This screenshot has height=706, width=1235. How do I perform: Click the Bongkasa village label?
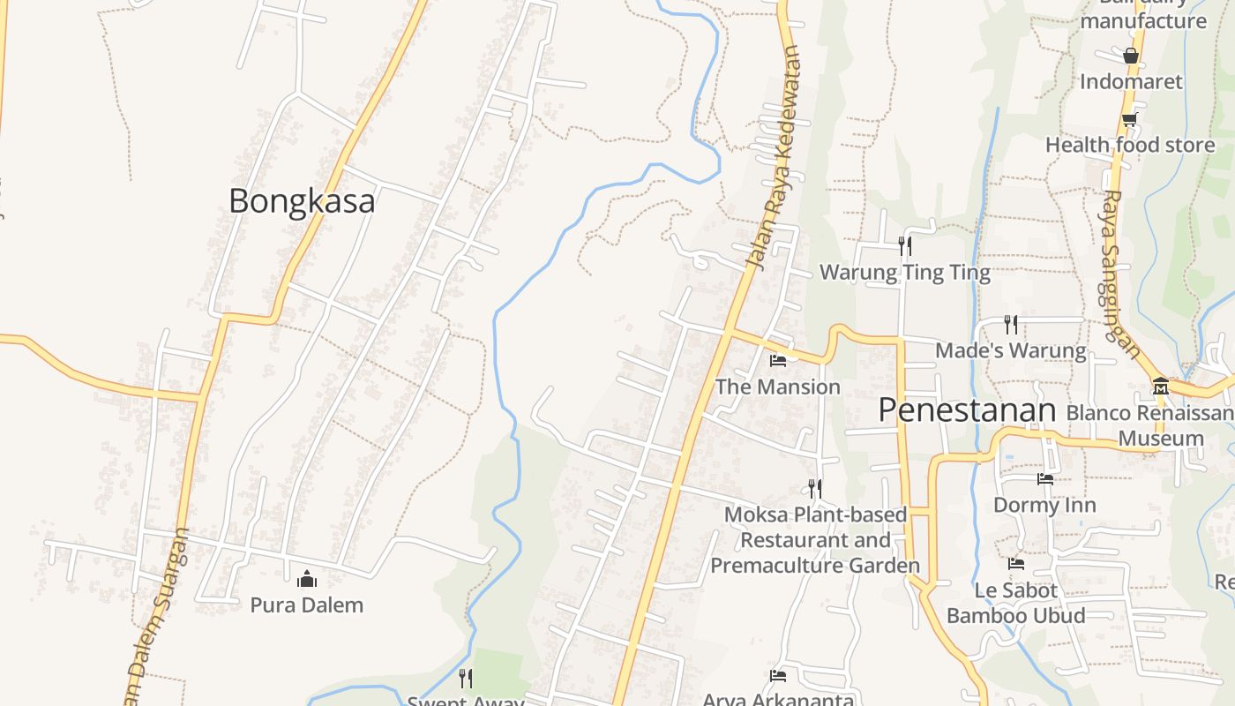pos(302,201)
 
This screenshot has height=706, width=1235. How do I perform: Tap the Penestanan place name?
pos(967,410)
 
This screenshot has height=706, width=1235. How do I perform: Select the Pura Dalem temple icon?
pos(307,579)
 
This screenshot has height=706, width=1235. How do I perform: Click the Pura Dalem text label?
pos(306,605)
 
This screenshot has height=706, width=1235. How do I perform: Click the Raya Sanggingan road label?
pos(1118,274)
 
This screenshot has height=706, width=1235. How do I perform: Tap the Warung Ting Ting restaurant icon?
pos(904,245)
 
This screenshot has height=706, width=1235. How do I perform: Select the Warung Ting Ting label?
pos(905,273)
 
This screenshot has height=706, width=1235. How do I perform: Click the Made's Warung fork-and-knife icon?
pos(1011,325)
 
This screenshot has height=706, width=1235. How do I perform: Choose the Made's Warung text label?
pos(1010,350)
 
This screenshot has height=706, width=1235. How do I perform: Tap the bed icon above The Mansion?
pos(778,360)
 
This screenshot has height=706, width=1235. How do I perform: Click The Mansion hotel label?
pos(777,387)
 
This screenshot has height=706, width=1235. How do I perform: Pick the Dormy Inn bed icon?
pos(1045,479)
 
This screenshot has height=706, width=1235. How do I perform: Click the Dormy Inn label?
pos(1044,505)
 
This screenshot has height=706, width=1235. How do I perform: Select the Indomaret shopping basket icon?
pos(1131,56)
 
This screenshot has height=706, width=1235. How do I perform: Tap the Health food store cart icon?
pos(1129,119)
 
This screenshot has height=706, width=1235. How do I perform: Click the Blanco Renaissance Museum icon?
pos(1160,387)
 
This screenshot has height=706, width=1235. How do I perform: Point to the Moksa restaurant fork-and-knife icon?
pos(815,488)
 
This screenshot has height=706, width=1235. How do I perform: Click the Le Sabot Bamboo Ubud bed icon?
pos(1016,564)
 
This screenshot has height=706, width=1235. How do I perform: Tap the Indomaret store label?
pos(1131,82)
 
